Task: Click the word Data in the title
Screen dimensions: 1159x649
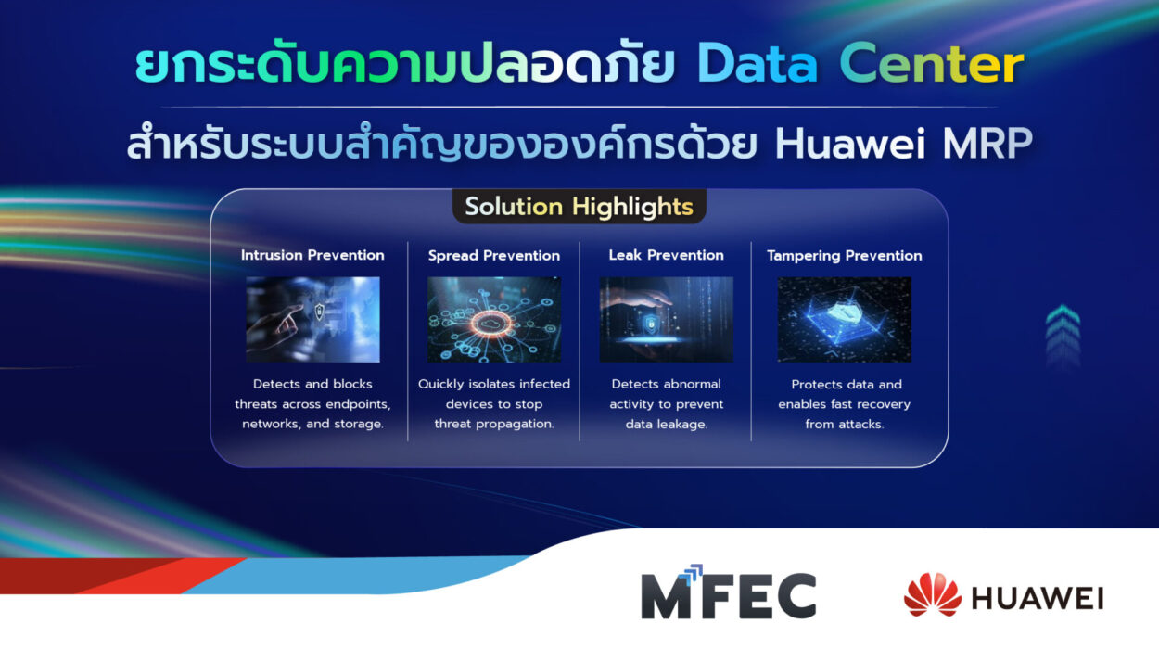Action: (758, 64)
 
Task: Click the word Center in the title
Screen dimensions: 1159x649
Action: (931, 64)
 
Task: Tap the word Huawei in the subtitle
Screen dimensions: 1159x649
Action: (850, 144)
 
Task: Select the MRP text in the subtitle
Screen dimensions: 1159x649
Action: (987, 144)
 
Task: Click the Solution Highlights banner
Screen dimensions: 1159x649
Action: (579, 207)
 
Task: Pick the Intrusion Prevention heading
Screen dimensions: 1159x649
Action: (312, 255)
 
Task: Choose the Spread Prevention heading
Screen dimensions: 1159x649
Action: (494, 256)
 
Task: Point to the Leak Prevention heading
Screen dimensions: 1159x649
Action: (666, 255)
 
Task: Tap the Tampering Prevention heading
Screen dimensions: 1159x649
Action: (845, 256)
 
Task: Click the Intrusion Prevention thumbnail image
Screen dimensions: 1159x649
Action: (312, 319)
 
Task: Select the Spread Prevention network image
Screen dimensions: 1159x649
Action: (494, 319)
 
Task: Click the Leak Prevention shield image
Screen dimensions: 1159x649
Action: (666, 319)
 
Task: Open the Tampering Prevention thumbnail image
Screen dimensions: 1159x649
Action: (845, 319)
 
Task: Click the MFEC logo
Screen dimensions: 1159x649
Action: (729, 592)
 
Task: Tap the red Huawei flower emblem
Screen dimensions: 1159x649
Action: (933, 594)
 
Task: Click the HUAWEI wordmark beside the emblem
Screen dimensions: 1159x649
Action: (1038, 598)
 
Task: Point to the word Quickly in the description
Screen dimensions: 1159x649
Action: (441, 385)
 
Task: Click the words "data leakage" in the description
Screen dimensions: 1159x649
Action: (666, 425)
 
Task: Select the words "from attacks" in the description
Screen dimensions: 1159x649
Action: (844, 425)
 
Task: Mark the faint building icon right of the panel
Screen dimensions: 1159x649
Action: (1063, 337)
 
